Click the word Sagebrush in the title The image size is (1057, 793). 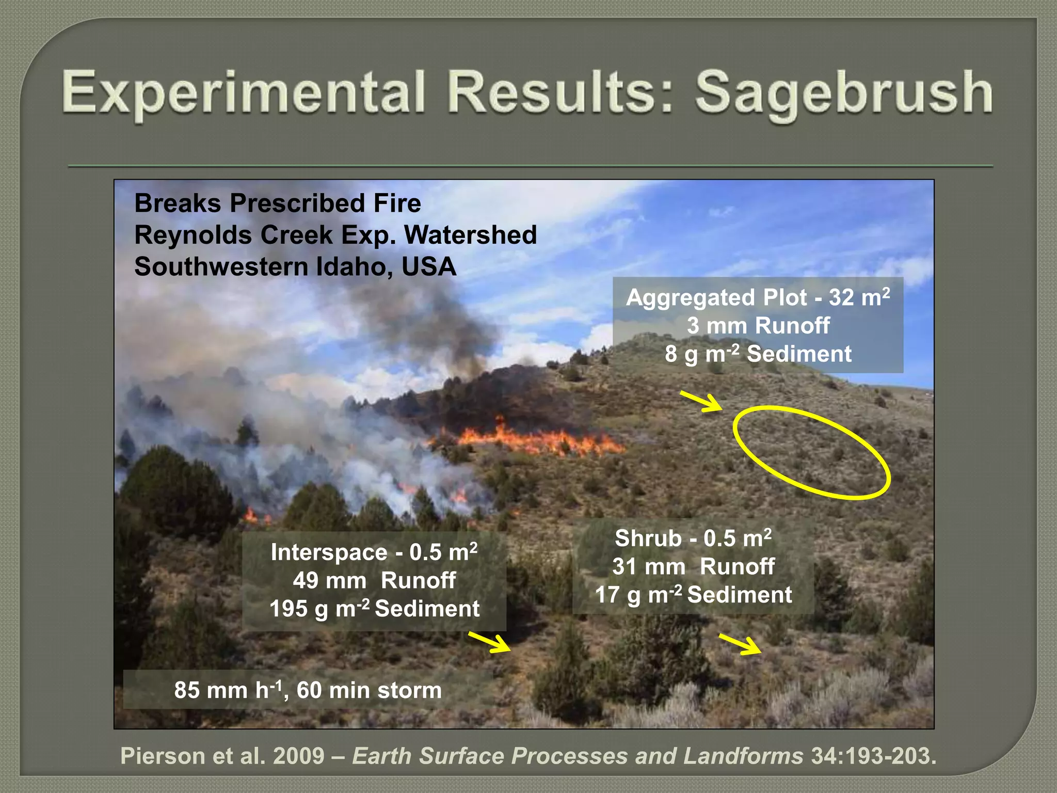(843, 93)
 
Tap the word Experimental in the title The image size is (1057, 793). (243, 93)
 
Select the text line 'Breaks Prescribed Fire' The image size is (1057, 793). (278, 203)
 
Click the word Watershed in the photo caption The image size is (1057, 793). (470, 235)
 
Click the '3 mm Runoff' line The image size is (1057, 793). (758, 326)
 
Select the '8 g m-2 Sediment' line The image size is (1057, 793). (758, 354)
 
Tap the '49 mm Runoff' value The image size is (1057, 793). (374, 580)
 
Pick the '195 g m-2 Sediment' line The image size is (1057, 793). (374, 609)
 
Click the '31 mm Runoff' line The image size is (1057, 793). (693, 566)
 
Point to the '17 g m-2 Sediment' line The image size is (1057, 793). (693, 595)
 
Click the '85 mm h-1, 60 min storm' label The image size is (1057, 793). (308, 690)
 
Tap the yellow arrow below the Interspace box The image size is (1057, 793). (489, 642)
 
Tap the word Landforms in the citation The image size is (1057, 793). (743, 756)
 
